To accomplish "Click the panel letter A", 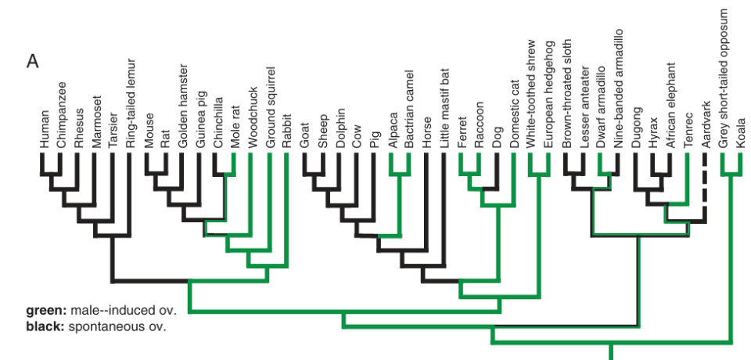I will (33, 61).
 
